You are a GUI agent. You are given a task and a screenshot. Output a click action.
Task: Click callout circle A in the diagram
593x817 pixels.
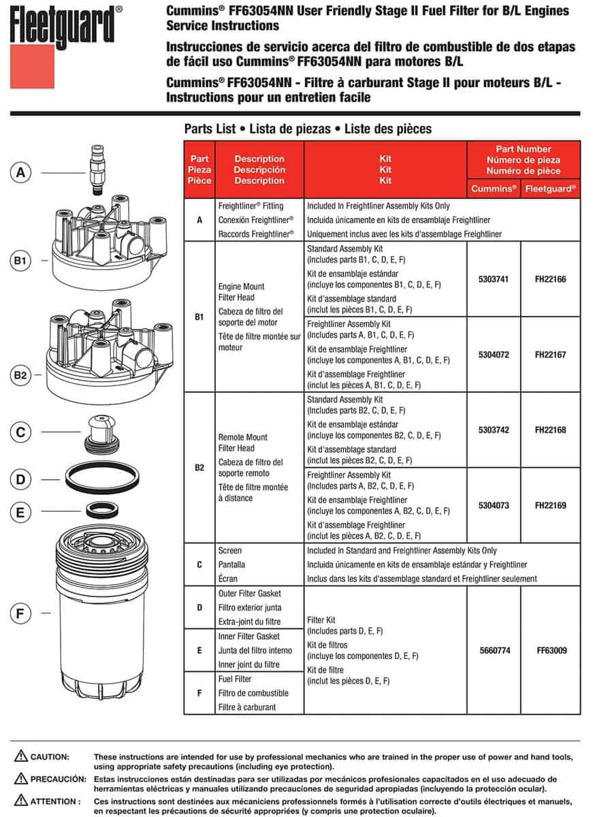coord(21,172)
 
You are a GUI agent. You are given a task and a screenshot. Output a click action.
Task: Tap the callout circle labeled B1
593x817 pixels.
coord(21,260)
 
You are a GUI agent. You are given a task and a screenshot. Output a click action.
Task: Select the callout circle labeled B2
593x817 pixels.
coord(21,375)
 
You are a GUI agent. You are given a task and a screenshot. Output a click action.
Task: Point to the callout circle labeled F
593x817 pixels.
coord(21,614)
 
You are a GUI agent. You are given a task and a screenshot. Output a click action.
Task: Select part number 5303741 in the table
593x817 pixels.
coord(494,279)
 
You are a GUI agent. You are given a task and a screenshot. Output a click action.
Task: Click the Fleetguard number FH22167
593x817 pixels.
coord(551,355)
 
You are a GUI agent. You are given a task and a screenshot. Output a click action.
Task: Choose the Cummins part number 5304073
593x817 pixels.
coord(494,506)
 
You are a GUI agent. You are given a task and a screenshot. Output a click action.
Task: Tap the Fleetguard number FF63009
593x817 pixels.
coord(551,650)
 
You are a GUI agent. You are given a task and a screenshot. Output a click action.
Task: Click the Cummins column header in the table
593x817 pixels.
coord(494,188)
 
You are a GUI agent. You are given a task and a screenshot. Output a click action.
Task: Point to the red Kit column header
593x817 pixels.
coord(385,170)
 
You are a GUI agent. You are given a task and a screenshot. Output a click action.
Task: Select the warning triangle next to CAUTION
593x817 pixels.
coord(20,756)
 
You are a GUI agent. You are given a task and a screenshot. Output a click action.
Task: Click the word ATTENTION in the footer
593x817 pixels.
coord(56,801)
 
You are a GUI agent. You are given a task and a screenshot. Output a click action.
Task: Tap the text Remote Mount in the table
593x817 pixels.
coord(242,437)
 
